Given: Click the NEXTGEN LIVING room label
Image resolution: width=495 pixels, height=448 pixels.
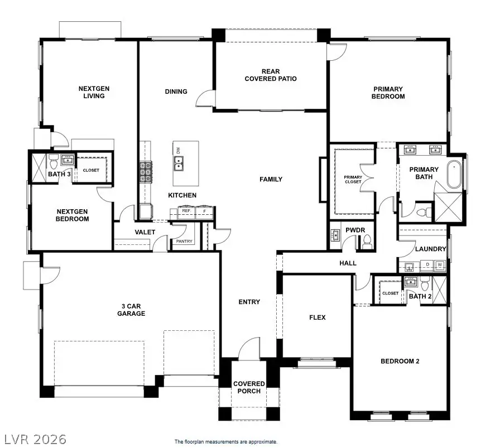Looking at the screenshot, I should point(92,92).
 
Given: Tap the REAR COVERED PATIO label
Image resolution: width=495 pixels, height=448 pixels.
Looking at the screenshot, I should point(271,75).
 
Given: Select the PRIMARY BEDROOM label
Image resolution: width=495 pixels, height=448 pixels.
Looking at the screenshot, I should point(389,93).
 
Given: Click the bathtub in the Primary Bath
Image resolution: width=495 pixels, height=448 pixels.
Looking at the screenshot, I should point(455,175).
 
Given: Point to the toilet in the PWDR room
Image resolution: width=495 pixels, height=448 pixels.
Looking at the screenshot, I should point(367,241).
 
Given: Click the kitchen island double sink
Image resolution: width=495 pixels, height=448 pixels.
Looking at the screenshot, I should point(179,163).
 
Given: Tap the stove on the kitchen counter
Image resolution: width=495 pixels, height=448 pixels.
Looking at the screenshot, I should point(146,172).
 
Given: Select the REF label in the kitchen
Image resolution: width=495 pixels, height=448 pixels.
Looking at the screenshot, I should point(186,211).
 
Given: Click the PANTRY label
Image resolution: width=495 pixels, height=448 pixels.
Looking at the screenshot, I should point(184,242).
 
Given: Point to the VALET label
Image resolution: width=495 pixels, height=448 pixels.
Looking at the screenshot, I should point(145,232).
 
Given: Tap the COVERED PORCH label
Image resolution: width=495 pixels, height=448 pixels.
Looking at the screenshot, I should point(249,387).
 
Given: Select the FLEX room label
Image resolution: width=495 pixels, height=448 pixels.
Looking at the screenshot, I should point(318,317).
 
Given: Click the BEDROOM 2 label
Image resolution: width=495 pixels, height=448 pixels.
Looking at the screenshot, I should point(400,361).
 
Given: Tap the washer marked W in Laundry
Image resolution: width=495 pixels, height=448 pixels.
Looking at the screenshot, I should point(440,264).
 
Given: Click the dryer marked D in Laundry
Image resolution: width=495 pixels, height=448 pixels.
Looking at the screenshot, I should point(427,264).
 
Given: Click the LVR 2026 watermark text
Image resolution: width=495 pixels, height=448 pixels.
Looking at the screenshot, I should point(35,439).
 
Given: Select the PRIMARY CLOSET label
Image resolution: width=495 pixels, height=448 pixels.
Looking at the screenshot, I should point(353,180).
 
